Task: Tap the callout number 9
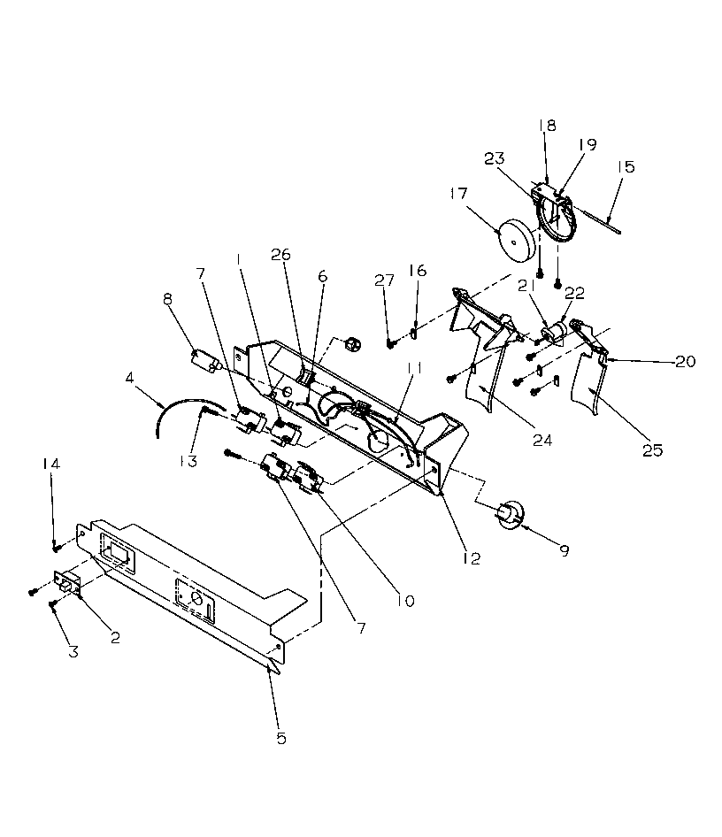(563, 549)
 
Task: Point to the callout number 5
(281, 738)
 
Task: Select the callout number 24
(542, 439)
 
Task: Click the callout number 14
(49, 463)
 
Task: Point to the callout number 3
(73, 652)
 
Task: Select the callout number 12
(471, 558)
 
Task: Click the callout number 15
(626, 166)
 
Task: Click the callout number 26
(280, 255)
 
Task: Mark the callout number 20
(686, 361)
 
